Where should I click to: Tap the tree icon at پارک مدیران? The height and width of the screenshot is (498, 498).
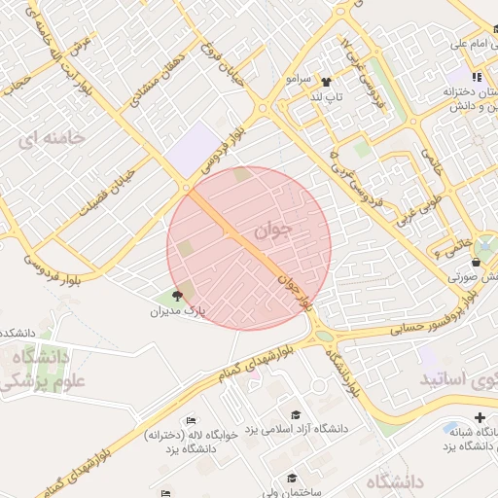pyautogui.click(x=176, y=296)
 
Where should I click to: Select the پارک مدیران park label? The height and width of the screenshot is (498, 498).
pyautogui.click(x=178, y=312)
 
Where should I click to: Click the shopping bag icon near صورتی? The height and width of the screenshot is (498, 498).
pyautogui.click(x=475, y=263)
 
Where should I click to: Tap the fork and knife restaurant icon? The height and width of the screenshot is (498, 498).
pyautogui.click(x=476, y=77)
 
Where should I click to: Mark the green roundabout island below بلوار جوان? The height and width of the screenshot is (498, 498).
pyautogui.click(x=324, y=337)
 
